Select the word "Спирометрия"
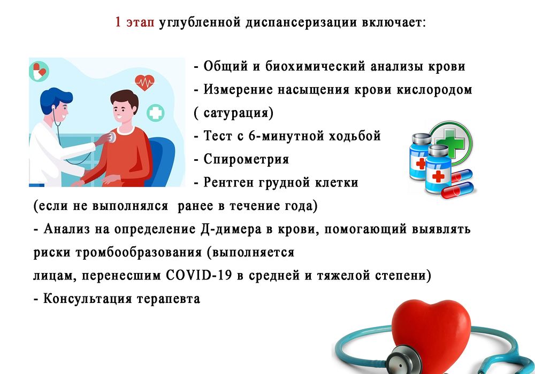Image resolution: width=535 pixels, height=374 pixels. coord(246,159)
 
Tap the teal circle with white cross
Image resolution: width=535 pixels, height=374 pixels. coord(156,113)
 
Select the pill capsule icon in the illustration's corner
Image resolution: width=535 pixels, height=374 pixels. coord(39,71)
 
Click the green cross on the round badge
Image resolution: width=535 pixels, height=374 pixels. coord(450,138)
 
